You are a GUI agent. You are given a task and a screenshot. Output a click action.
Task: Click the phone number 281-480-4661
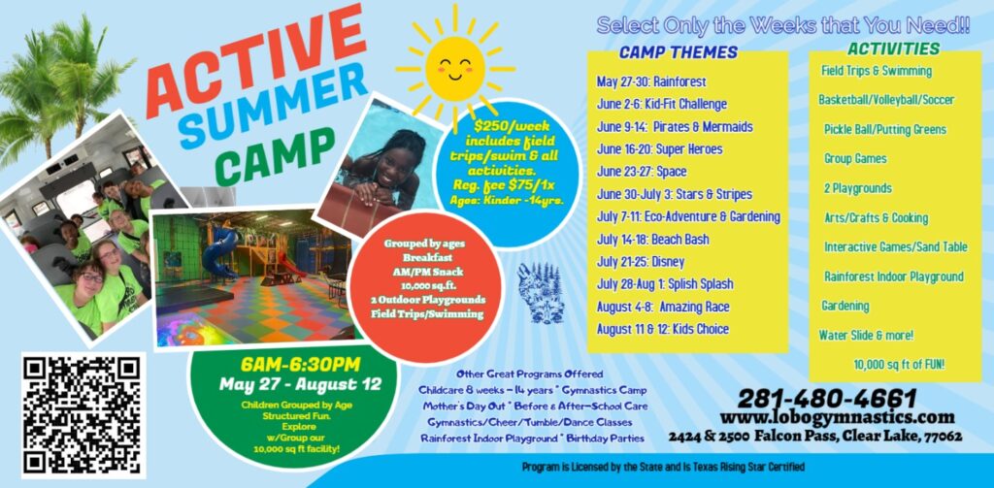[x=827, y=398]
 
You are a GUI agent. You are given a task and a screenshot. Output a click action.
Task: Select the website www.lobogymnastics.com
[x=837, y=417]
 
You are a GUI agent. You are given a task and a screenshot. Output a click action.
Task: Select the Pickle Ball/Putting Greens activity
[x=884, y=129]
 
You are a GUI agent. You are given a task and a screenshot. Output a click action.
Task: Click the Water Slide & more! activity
[x=867, y=336]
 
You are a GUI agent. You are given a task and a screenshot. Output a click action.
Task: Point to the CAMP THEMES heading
[x=679, y=52]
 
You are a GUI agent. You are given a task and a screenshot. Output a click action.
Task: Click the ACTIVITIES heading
[x=893, y=49]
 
